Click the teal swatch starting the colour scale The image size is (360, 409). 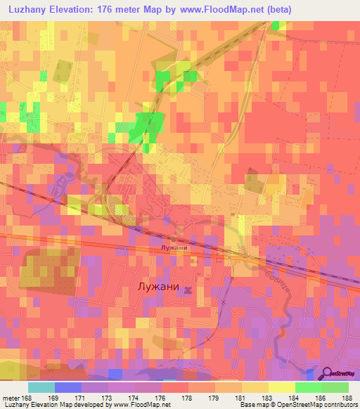pos(41,387)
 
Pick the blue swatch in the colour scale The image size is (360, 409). pos(68,387)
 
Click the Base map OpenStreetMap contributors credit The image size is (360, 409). pos(297,405)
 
